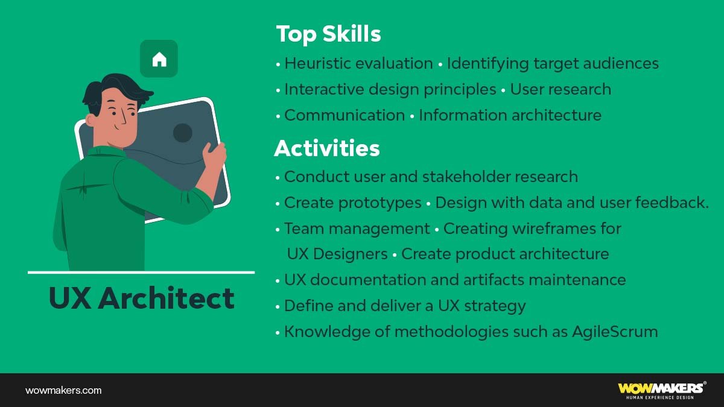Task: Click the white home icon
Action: (x=159, y=59)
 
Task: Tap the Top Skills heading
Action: (x=328, y=34)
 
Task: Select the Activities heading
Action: (x=327, y=148)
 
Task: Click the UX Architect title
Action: (x=141, y=298)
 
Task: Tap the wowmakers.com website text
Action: (x=63, y=390)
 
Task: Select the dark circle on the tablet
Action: (x=183, y=133)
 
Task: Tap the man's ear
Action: (x=92, y=120)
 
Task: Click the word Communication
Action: (x=345, y=115)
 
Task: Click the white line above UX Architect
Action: (x=141, y=273)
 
